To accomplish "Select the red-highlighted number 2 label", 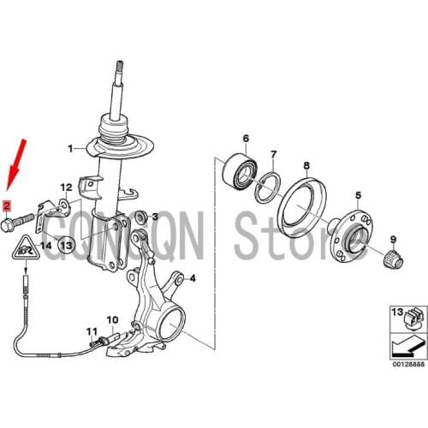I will (x=7, y=205).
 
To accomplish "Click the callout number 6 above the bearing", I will (x=246, y=139).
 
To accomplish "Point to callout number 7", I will (x=273, y=155).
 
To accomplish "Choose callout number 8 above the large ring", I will (x=306, y=165).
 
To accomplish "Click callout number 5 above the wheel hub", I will (x=359, y=197).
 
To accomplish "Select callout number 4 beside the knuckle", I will (x=193, y=278).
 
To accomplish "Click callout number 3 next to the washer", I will (x=155, y=218).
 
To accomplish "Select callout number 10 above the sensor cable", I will (x=110, y=322).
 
